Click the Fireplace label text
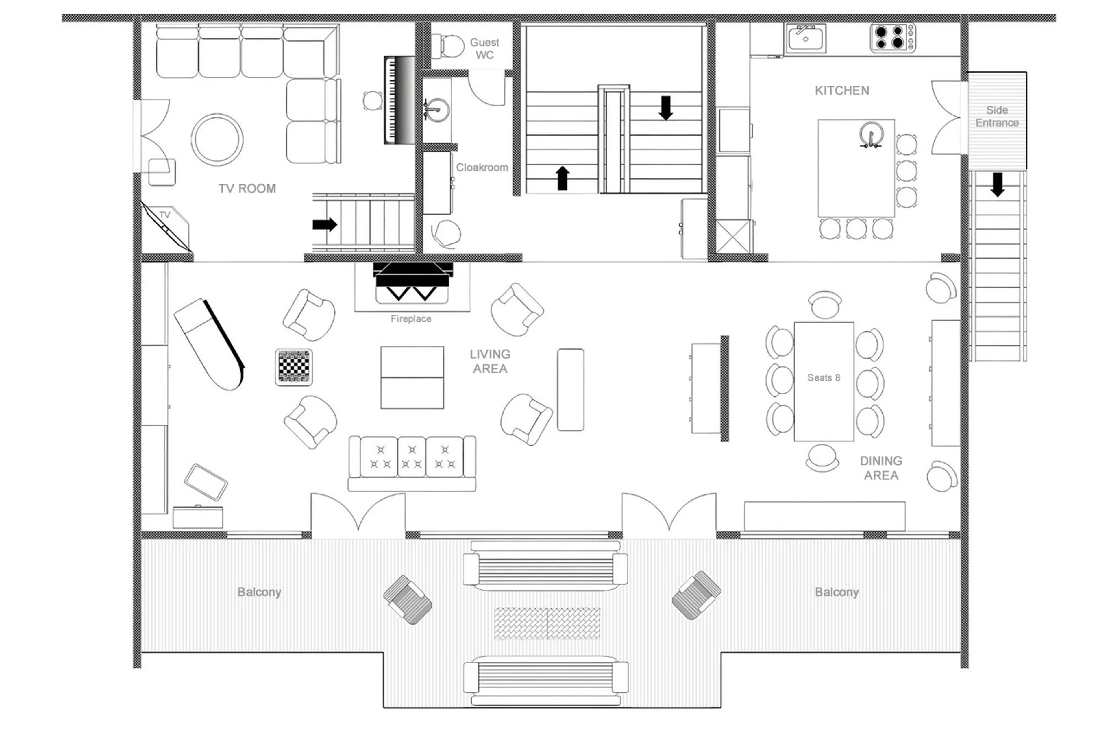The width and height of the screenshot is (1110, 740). (410, 319)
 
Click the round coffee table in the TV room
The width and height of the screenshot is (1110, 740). (217, 140)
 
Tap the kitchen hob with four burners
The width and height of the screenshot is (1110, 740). (891, 38)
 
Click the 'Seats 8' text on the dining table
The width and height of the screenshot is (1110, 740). (823, 378)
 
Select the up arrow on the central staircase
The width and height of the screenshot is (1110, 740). (562, 178)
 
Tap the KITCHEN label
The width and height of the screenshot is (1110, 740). (841, 91)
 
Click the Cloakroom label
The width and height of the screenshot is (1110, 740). (482, 167)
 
